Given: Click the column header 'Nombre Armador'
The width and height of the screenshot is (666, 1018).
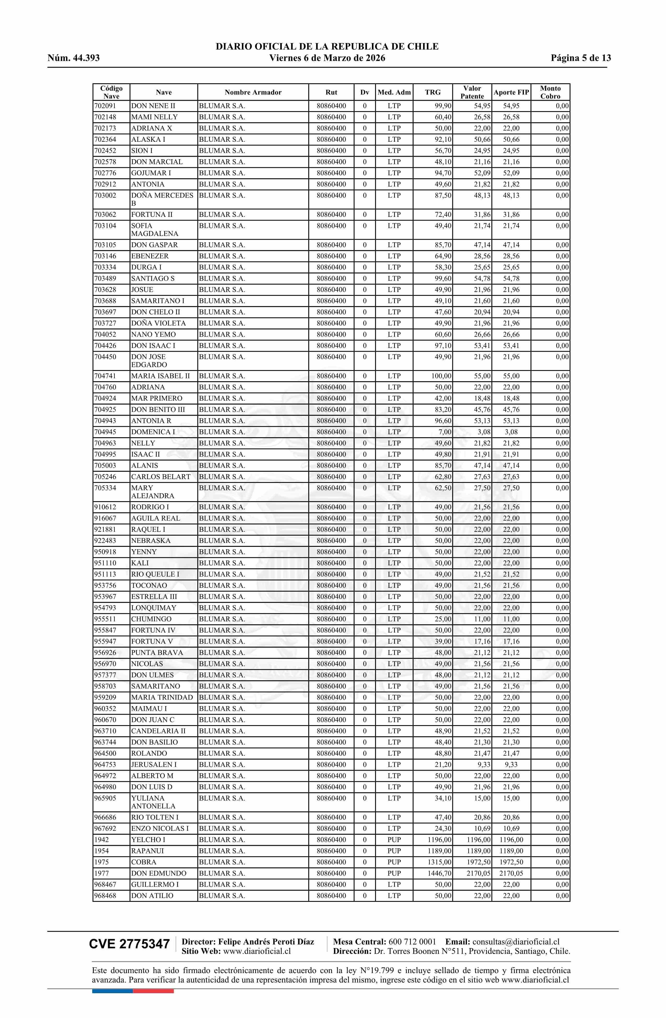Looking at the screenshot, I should pos(253,92).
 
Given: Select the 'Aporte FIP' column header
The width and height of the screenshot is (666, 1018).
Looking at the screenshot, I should pos(511,92).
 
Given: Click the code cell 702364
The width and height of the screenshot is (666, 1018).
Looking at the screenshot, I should pos(105,139).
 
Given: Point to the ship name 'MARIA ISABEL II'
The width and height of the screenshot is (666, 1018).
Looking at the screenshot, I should pos(161,376).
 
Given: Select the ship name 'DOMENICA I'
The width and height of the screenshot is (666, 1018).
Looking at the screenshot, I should pos(153,432).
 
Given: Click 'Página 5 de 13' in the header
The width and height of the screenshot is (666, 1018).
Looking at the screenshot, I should pos(581,58).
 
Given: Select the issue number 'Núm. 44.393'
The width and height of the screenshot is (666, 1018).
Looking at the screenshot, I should pos(74,58).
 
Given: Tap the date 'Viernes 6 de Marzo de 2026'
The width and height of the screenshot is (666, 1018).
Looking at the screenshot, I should pos(327,58).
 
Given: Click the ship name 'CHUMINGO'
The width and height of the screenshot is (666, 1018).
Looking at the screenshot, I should pos(151,619).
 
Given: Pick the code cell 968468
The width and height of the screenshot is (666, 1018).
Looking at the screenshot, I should pos(105,895).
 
